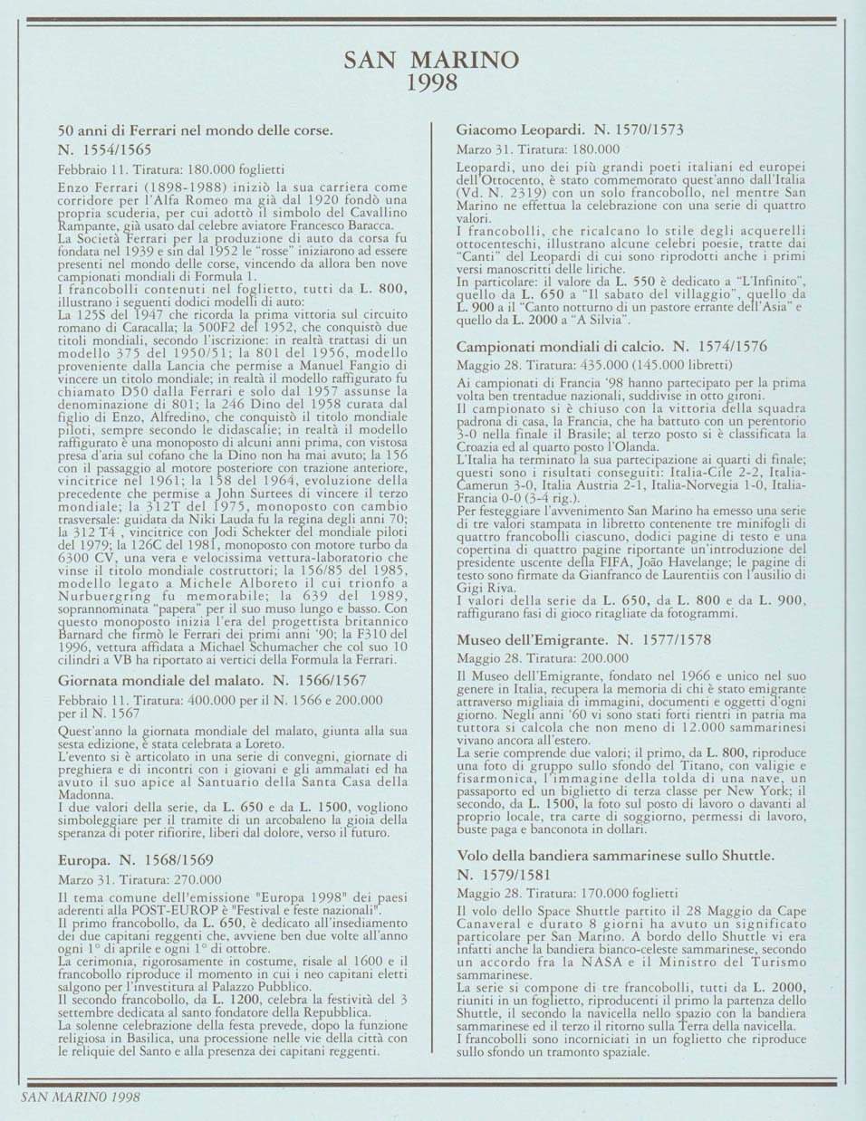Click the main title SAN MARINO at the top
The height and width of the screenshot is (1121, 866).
pyautogui.click(x=432, y=60)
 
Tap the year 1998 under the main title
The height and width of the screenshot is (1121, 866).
pyautogui.click(x=432, y=83)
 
